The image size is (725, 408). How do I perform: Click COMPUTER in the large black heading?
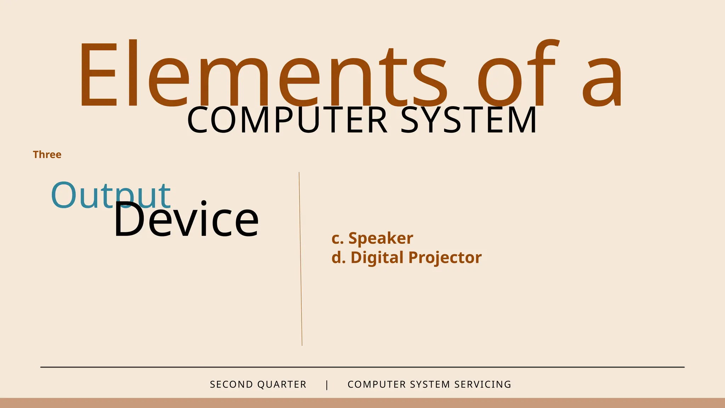[287, 120]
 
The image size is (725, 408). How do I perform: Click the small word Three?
[47, 155]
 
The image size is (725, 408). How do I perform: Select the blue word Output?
[110, 195]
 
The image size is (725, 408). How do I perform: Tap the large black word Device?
[186, 220]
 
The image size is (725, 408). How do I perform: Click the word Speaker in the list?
[381, 238]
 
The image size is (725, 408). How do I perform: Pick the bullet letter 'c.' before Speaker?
[337, 238]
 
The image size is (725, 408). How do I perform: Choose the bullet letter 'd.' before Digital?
[338, 257]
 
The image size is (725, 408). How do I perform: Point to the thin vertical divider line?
[301, 259]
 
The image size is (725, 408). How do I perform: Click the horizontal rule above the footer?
[362, 367]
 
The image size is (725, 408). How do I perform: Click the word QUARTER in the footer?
[282, 385]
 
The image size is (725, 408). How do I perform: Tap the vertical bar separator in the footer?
[327, 385]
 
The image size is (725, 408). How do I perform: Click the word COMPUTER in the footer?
[377, 385]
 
